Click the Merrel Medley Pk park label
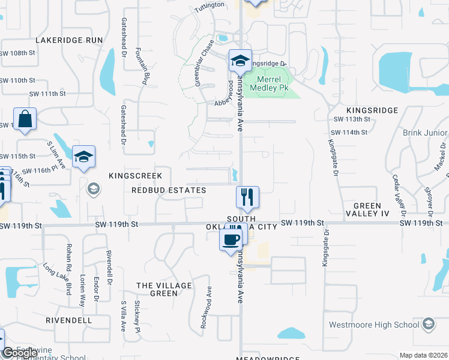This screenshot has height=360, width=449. tap(273, 83)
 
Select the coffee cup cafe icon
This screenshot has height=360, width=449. tap(231, 240)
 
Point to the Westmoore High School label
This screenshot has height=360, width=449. tap(374, 325)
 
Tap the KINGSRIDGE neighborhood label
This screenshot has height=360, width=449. tap(372, 110)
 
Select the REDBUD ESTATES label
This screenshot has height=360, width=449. tap(169, 190)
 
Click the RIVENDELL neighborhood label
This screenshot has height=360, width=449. tap(69, 320)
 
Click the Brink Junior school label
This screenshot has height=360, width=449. tap(425, 133)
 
